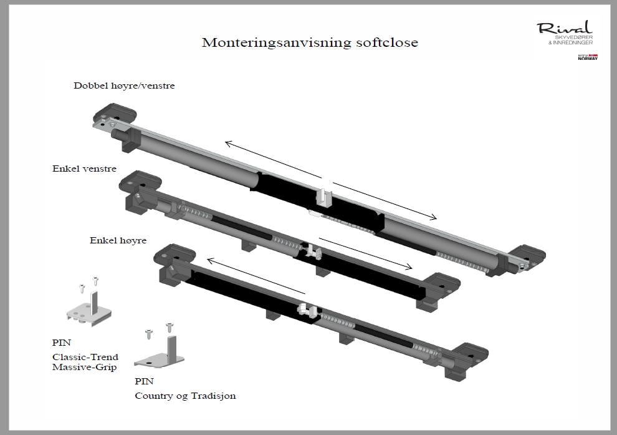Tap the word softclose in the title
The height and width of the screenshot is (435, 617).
click(380, 43)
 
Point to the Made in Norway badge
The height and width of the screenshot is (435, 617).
click(588, 57)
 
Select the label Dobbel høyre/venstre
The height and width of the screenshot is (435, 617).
click(124, 86)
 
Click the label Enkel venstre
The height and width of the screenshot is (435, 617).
click(84, 169)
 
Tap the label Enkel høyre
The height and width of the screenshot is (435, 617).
click(118, 240)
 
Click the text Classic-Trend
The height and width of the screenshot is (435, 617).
click(85, 358)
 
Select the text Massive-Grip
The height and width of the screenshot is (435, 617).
click(84, 368)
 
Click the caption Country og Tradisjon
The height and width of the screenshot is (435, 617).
click(185, 396)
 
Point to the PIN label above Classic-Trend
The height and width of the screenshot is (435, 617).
click(62, 343)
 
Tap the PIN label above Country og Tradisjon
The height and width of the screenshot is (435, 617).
click(144, 381)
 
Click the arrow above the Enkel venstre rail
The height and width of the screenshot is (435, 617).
click(365, 253)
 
